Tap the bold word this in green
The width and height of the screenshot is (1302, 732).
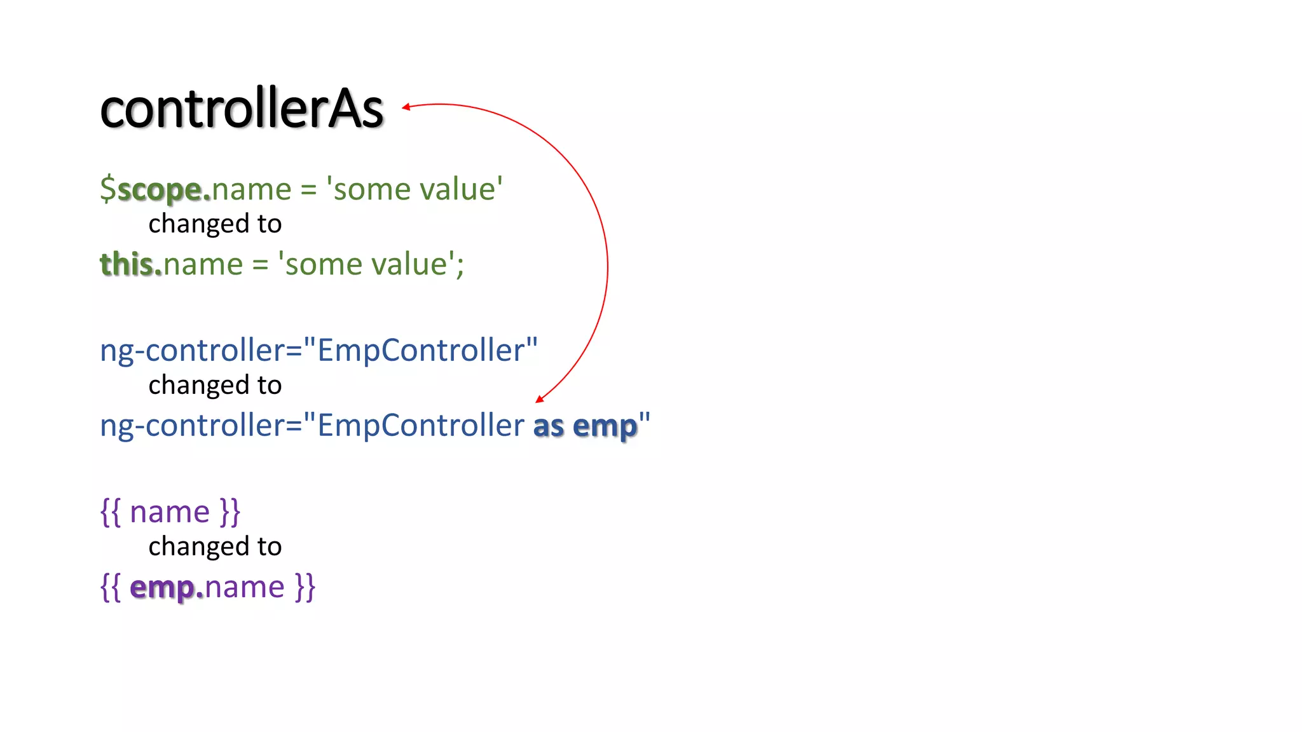tap(127, 264)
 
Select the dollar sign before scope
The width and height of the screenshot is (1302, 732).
tap(108, 189)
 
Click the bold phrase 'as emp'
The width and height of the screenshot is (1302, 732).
tap(585, 426)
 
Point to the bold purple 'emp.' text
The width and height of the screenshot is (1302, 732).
tap(167, 587)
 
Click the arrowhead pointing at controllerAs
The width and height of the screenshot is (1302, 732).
tap(406, 107)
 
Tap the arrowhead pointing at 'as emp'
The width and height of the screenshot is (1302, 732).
tap(540, 398)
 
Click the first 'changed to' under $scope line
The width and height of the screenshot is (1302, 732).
tap(215, 224)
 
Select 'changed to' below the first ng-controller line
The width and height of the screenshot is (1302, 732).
tap(215, 385)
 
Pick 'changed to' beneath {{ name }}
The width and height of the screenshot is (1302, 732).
tap(215, 546)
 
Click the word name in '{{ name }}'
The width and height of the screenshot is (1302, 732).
tap(170, 512)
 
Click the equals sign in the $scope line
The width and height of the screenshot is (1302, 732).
tap(308, 190)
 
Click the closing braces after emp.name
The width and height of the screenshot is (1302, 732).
tap(305, 587)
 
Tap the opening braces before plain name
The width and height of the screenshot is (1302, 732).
tap(111, 512)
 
